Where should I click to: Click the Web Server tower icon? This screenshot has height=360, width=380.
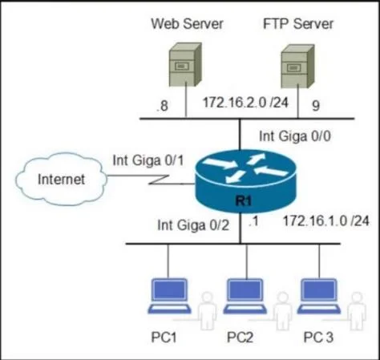[185, 64]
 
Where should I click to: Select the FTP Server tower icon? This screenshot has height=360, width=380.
[297, 67]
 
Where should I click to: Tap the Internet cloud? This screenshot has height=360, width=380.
[61, 179]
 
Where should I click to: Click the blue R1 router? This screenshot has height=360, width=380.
[245, 181]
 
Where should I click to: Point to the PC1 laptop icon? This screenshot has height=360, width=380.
[169, 296]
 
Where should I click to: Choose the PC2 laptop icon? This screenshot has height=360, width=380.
[245, 296]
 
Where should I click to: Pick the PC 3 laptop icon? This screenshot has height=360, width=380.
[318, 296]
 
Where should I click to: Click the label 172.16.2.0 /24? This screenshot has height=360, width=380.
[246, 103]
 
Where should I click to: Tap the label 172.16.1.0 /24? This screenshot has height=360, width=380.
[326, 221]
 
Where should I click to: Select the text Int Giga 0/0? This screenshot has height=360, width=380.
[295, 136]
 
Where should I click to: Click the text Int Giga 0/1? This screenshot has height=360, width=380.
[148, 160]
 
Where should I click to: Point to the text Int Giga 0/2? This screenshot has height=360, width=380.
[193, 225]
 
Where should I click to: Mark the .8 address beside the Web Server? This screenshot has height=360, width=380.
[162, 106]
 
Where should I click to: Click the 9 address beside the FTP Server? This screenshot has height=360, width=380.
[316, 106]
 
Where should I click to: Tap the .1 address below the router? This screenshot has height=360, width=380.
[253, 221]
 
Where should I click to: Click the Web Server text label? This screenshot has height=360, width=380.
[187, 23]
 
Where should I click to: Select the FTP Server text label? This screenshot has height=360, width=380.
[298, 23]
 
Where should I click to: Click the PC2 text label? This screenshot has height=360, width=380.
[240, 337]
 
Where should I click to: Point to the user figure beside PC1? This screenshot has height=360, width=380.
[207, 310]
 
